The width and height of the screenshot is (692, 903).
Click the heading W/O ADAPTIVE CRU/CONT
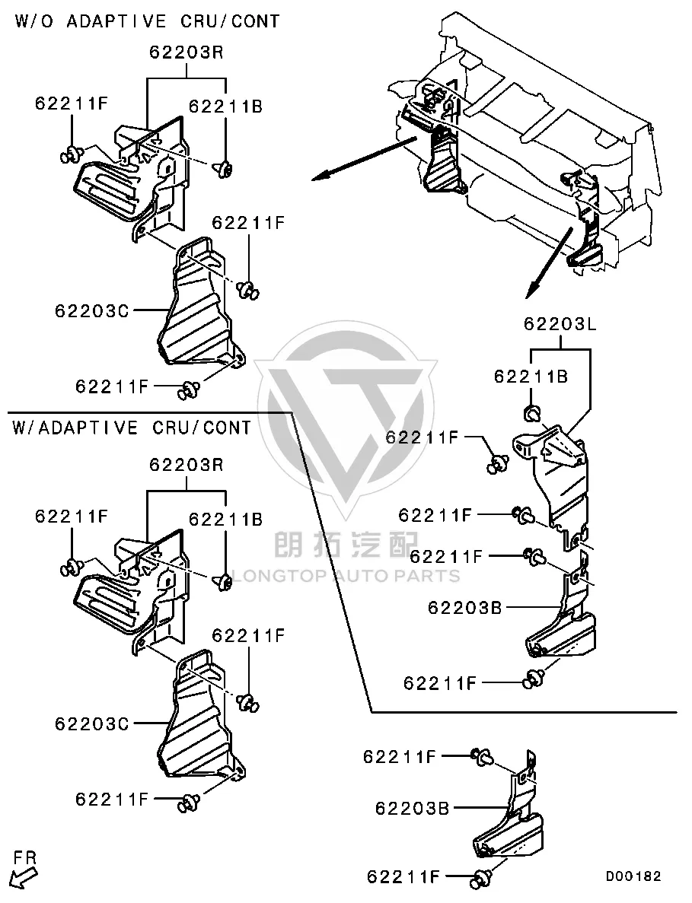click(x=147, y=21)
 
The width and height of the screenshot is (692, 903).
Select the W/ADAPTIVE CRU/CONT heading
click(x=132, y=428)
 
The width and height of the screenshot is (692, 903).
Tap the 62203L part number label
click(x=560, y=324)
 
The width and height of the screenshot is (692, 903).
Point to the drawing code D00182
click(x=633, y=876)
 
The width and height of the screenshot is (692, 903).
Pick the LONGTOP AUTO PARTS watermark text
click(x=346, y=575)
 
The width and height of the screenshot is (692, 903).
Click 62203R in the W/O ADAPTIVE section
click(x=186, y=52)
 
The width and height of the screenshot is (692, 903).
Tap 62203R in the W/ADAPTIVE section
click(x=186, y=464)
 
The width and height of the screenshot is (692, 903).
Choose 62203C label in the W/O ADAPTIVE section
click(x=92, y=311)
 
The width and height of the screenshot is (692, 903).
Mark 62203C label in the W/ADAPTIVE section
click(x=92, y=723)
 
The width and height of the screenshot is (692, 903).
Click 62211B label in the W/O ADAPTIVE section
click(x=226, y=107)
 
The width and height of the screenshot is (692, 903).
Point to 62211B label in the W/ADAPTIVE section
click(x=226, y=520)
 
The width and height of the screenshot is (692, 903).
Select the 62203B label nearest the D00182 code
click(x=412, y=809)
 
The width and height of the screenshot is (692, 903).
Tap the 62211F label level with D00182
click(x=403, y=877)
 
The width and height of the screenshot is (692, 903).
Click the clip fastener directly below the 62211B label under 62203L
click(x=532, y=414)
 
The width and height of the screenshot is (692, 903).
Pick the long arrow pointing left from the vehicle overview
click(x=364, y=159)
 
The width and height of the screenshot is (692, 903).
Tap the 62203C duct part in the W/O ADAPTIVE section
click(x=200, y=302)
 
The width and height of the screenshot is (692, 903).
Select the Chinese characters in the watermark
click(x=346, y=543)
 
